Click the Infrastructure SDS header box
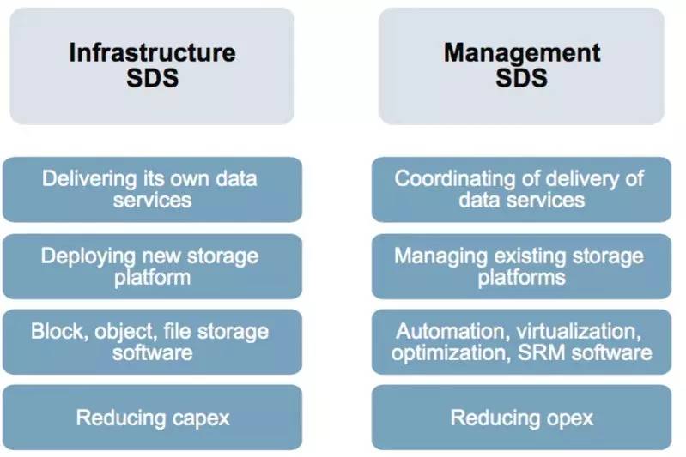click(152, 66)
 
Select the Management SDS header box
click(521, 66)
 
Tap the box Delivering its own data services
click(152, 189)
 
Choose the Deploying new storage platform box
click(152, 266)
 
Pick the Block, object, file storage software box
click(152, 341)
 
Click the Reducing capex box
click(152, 418)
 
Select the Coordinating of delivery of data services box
click(521, 189)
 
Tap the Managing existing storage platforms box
click(521, 266)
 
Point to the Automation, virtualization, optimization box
click(521, 341)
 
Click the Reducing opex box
click(521, 418)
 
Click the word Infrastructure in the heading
click(151, 53)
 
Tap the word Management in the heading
click(521, 53)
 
